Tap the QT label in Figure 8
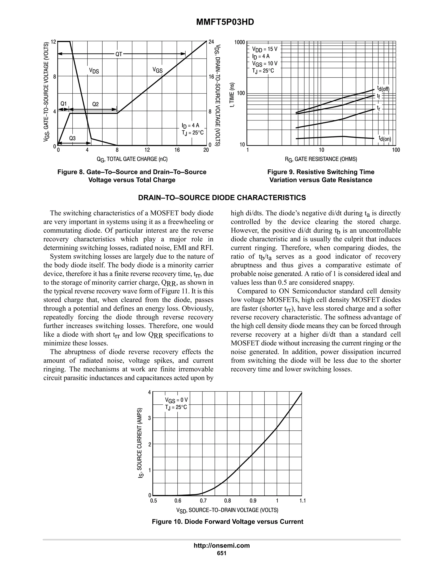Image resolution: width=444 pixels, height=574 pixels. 119,54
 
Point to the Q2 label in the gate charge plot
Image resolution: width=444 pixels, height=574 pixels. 95,104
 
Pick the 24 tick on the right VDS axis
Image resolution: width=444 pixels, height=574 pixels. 211,42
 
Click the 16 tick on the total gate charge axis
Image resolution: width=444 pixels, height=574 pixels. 177,150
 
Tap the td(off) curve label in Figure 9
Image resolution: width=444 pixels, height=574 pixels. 383,89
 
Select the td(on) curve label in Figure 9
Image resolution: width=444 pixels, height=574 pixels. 385,138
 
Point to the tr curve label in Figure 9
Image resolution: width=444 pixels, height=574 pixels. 378,108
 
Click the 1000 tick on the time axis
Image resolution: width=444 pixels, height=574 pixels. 240,42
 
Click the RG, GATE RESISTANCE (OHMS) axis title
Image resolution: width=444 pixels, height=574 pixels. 321,159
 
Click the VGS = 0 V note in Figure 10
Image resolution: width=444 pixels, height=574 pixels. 176,400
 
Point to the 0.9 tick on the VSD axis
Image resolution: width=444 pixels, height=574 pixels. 253,501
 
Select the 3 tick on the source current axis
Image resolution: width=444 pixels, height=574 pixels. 149,418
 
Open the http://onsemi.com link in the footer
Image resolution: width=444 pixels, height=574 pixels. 222,545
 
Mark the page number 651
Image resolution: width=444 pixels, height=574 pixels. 222,553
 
